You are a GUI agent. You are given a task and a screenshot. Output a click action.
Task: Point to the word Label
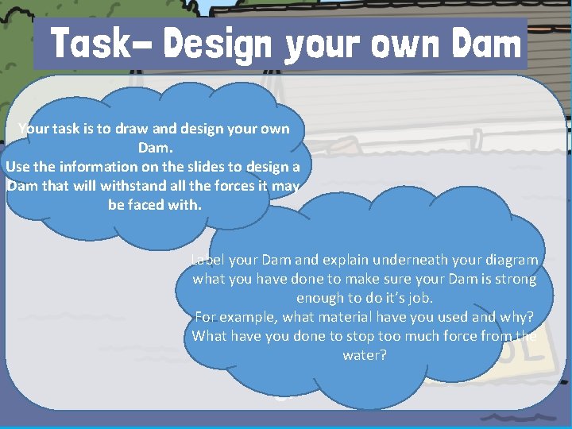(208, 260)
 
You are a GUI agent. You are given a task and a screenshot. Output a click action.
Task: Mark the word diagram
(508, 260)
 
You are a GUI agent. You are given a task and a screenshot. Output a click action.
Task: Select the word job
(420, 298)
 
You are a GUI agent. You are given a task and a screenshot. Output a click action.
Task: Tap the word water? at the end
(365, 355)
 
